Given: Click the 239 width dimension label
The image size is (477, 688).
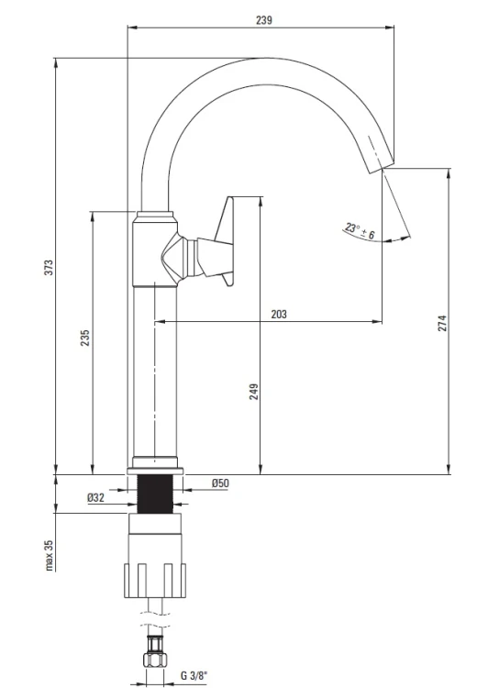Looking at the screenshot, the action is tap(264, 20).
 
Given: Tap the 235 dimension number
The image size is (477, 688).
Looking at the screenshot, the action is tap(85, 338).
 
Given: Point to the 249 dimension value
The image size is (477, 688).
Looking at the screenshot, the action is tap(254, 392).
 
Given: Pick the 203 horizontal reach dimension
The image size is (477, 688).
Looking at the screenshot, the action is tap(279, 314).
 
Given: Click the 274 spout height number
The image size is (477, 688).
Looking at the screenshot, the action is tap(442, 323).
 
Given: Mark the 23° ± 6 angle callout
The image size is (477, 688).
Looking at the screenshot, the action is tap(360, 231).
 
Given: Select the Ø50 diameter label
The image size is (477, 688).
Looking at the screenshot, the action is tap(220, 483).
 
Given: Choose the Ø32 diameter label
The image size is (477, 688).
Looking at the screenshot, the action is tap(95, 497).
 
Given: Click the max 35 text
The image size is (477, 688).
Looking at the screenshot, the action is tap(50, 555).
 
